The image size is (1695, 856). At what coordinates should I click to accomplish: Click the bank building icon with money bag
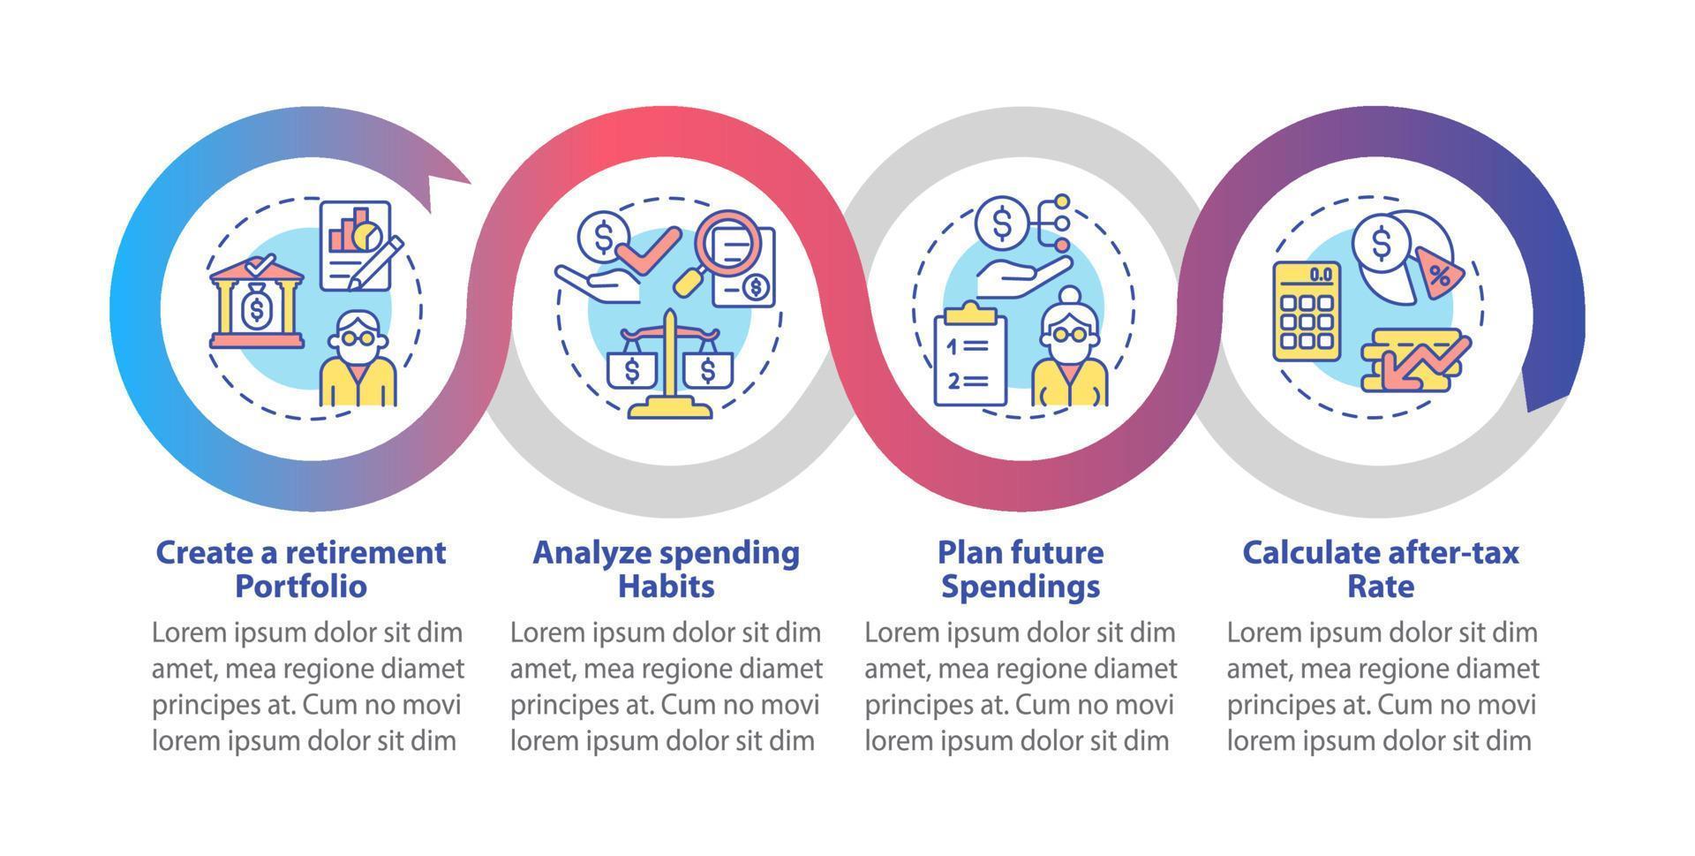[x=256, y=303]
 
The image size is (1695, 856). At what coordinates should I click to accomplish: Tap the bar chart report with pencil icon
[x=358, y=245]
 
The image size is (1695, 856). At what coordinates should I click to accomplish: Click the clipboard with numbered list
[x=969, y=355]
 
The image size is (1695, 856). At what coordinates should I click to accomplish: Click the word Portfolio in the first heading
[x=300, y=587]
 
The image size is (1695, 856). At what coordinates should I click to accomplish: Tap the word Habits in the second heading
[x=666, y=587]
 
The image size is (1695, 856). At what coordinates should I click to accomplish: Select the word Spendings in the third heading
[x=1021, y=587]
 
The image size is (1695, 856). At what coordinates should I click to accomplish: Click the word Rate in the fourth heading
[x=1381, y=587]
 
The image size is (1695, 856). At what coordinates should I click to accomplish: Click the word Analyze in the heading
[x=591, y=553]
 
